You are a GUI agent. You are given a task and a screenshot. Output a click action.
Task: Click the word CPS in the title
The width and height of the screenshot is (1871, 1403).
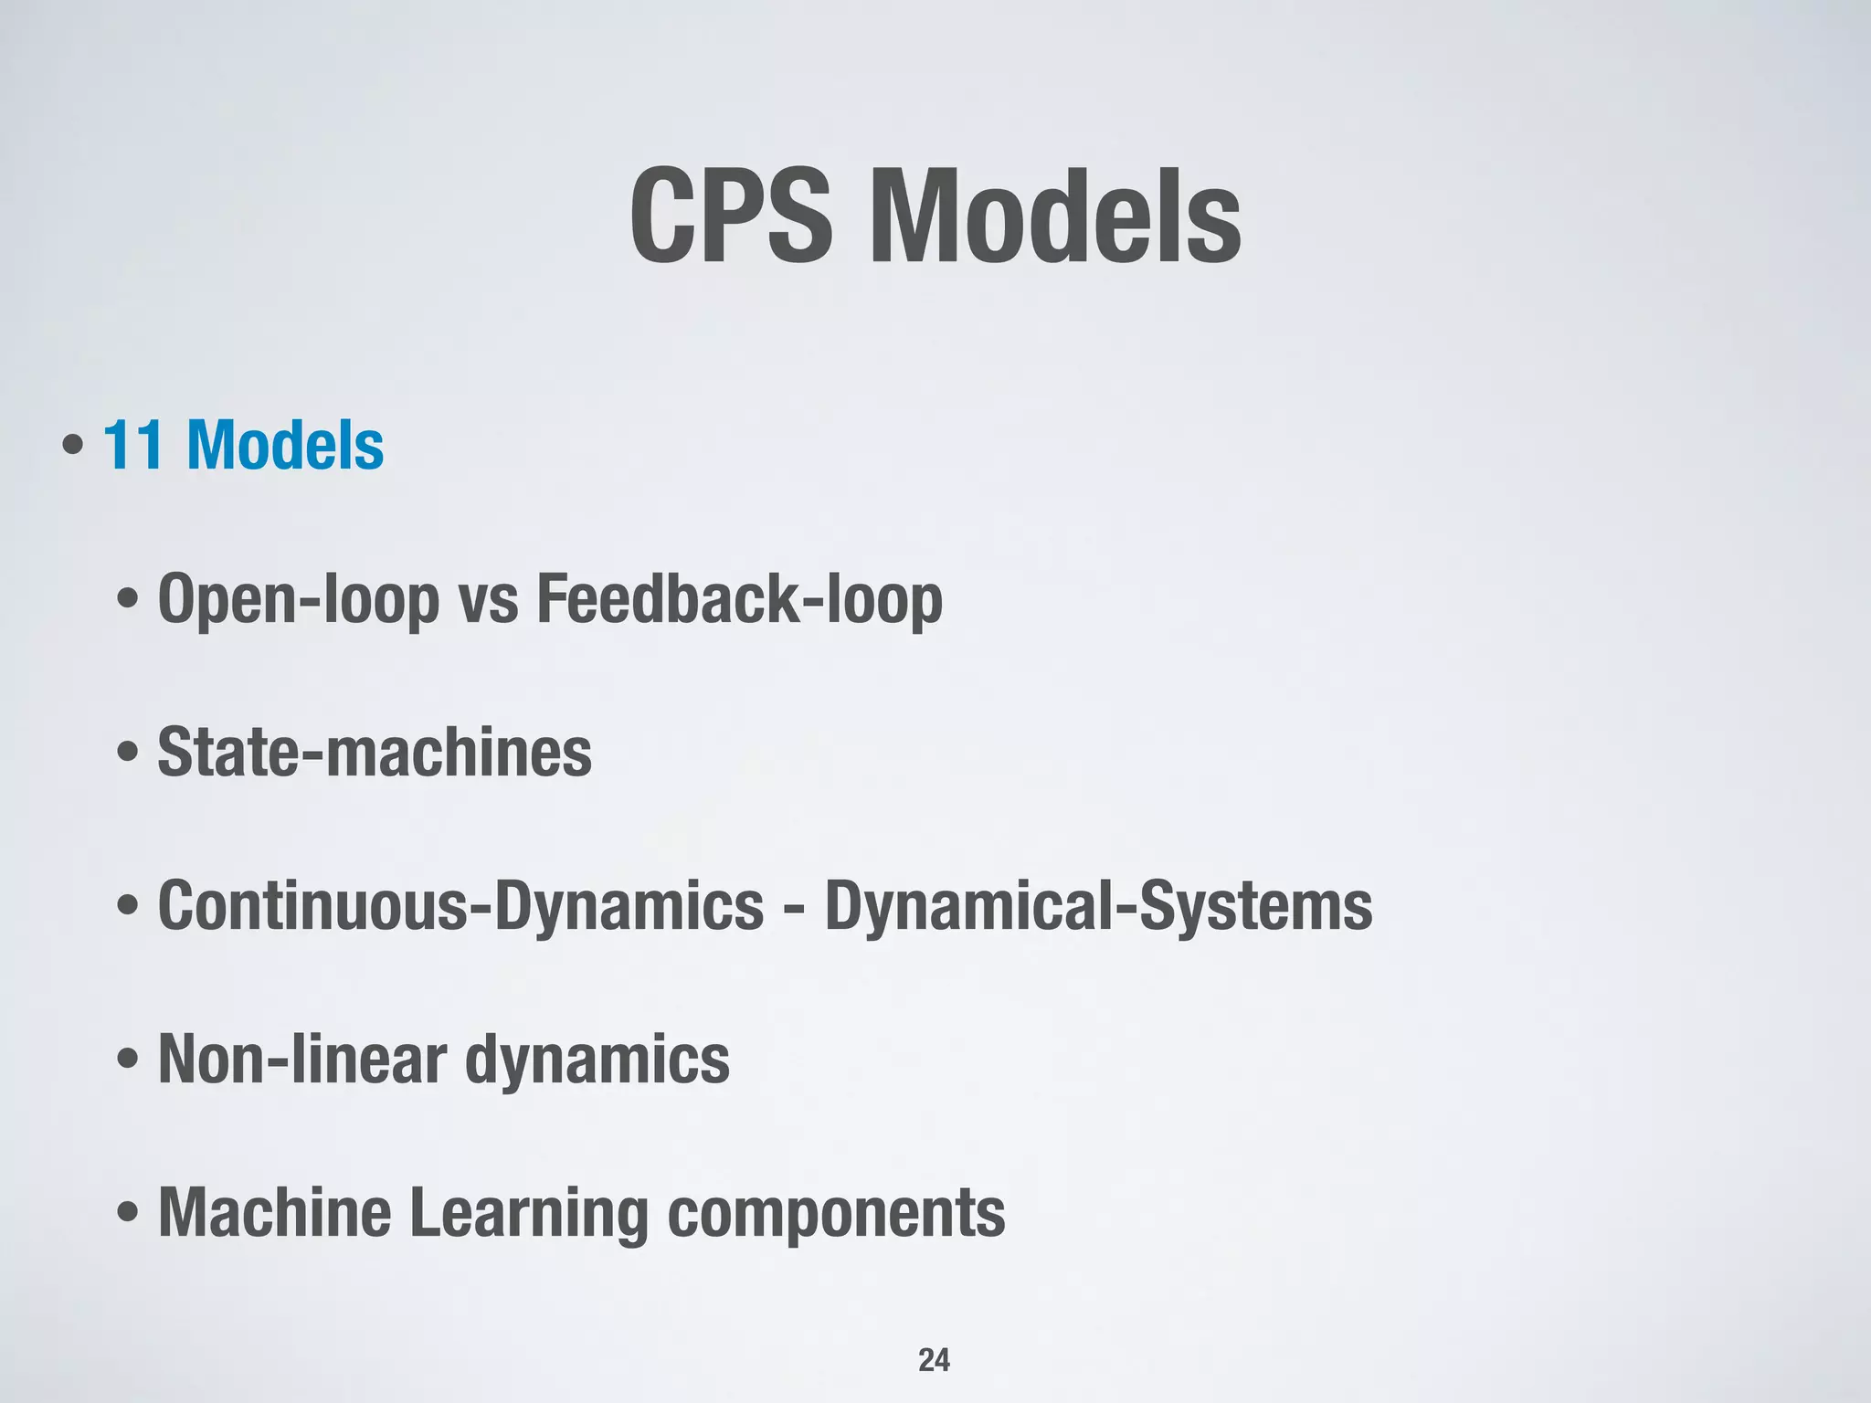click(x=731, y=216)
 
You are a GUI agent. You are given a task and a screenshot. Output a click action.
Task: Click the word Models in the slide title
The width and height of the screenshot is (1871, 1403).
click(x=1055, y=216)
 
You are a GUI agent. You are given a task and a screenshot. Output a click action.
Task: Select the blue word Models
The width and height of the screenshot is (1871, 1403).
click(x=285, y=446)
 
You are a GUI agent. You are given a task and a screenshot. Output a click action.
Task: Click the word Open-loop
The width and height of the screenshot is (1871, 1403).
click(x=298, y=601)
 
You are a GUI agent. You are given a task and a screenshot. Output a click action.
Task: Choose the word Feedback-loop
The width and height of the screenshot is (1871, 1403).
click(x=739, y=601)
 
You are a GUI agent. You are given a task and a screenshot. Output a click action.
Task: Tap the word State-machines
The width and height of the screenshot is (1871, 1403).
click(x=375, y=753)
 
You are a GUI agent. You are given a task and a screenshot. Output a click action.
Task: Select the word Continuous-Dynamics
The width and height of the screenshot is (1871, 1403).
click(x=460, y=906)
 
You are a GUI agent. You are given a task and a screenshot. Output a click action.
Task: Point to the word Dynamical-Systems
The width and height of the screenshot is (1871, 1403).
click(x=1098, y=906)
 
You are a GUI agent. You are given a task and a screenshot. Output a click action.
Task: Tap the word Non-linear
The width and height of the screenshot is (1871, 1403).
click(x=301, y=1060)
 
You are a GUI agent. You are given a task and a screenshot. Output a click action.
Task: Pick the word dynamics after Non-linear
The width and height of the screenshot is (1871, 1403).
click(x=597, y=1060)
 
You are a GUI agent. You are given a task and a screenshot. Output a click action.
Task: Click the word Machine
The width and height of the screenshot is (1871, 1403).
click(x=275, y=1213)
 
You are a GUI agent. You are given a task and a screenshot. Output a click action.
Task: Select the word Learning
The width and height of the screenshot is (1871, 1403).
click(x=528, y=1213)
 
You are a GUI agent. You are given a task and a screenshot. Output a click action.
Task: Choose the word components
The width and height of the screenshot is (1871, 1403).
click(x=836, y=1213)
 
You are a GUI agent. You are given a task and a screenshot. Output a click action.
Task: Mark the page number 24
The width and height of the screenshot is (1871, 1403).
click(x=934, y=1360)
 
